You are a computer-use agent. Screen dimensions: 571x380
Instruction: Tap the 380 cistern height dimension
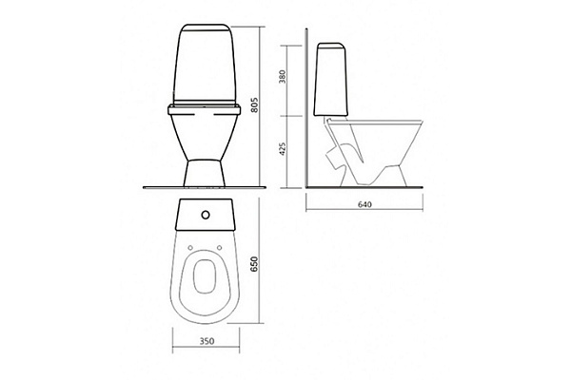[283, 77]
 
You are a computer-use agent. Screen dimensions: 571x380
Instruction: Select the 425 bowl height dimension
[283, 149]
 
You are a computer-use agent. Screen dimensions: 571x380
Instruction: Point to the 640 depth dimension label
[364, 205]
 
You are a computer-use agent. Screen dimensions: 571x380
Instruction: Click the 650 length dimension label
[254, 264]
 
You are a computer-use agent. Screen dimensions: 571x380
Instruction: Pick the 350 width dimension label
[207, 341]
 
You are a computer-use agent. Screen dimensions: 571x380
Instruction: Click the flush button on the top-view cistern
[206, 215]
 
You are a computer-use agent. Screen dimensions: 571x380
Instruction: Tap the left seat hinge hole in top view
[190, 248]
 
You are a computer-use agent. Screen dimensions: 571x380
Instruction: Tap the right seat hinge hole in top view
[219, 248]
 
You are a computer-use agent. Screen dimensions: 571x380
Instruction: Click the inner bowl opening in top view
[205, 276]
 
